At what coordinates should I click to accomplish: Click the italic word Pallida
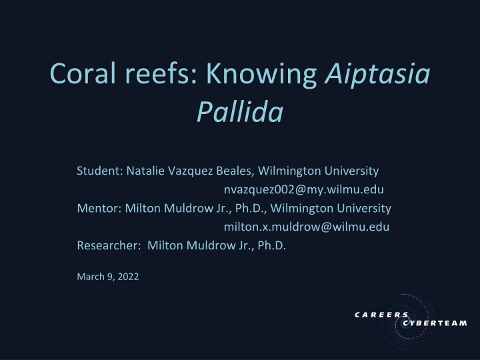pyautogui.click(x=239, y=113)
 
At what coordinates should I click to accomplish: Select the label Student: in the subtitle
pyautogui.click(x=97, y=170)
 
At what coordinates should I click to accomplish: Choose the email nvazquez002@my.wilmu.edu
pyautogui.click(x=303, y=189)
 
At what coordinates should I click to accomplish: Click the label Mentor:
pyautogui.click(x=97, y=207)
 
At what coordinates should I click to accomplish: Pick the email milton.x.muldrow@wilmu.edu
pyautogui.click(x=306, y=226)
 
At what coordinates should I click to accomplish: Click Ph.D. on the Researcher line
pyautogui.click(x=271, y=245)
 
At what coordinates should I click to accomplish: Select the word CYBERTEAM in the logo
pyautogui.click(x=435, y=324)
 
